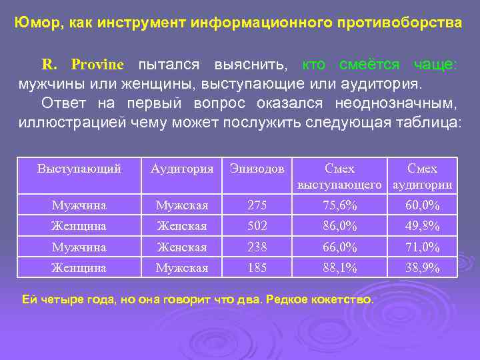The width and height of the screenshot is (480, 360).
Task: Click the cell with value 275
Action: pyautogui.click(x=257, y=205)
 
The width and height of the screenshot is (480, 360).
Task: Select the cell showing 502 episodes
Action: pyautogui.click(x=257, y=226)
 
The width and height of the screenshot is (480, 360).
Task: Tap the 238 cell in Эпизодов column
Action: pyautogui.click(x=257, y=247)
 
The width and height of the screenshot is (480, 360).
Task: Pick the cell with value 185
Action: pyautogui.click(x=257, y=268)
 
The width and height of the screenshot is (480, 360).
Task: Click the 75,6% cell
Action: pyautogui.click(x=339, y=205)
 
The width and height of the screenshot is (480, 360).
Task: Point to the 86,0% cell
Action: pyautogui.click(x=339, y=226)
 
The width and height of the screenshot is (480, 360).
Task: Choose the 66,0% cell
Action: pyautogui.click(x=339, y=247)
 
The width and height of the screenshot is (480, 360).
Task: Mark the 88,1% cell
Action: pyautogui.click(x=339, y=268)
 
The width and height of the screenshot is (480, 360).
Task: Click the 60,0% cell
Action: pyautogui.click(x=422, y=205)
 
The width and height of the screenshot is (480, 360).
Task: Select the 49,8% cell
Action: pyautogui.click(x=422, y=226)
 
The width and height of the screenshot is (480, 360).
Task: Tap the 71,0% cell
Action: pyautogui.click(x=422, y=247)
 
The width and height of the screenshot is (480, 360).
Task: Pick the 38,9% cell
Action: pyautogui.click(x=422, y=268)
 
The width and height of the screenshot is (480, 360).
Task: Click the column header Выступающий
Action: pyautogui.click(x=79, y=169)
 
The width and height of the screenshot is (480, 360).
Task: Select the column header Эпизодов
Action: pyautogui.click(x=257, y=169)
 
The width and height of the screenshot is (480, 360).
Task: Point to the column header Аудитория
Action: pyautogui.click(x=182, y=169)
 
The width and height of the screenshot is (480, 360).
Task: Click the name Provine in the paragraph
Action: pyautogui.click(x=97, y=65)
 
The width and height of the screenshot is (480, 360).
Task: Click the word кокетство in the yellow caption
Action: pyautogui.click(x=344, y=299)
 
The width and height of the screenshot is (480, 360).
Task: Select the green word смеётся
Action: pyautogui.click(x=369, y=65)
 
